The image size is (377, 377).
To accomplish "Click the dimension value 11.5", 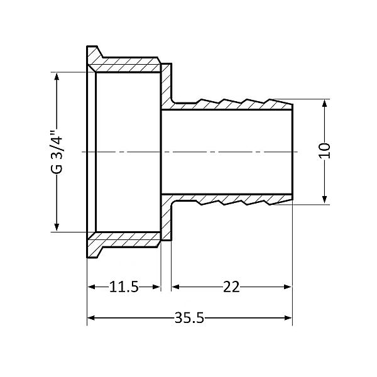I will coord(124,287).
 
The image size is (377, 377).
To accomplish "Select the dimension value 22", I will coord(231,287).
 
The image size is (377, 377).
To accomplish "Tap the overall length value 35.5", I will coord(190,317).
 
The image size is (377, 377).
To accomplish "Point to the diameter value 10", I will coord(324,151).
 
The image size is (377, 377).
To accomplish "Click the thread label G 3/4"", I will coord(57,151).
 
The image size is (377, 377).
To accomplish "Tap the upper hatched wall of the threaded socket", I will coord(126,65).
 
